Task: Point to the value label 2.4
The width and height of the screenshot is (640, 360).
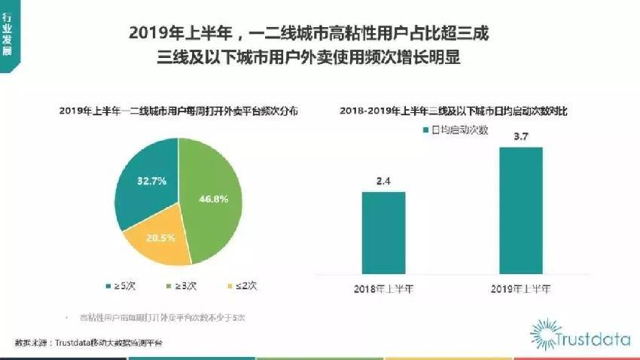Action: point(383,180)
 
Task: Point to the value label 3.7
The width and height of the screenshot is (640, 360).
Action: point(520,136)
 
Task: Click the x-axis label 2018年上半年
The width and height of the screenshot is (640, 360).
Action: point(383,288)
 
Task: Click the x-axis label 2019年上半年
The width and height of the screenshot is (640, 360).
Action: point(520,288)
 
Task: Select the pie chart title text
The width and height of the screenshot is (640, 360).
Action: point(178,110)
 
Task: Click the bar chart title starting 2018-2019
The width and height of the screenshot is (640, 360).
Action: point(453,110)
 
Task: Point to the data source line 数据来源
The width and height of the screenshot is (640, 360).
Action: point(89,343)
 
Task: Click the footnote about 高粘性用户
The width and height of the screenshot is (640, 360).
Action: point(162,317)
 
